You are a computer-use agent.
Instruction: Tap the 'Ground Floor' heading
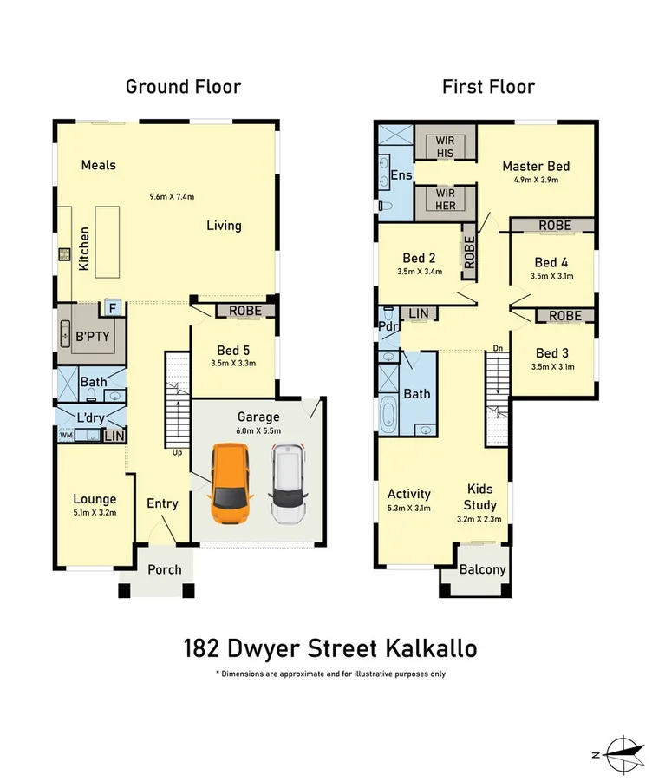(183, 86)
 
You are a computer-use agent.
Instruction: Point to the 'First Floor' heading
(488, 86)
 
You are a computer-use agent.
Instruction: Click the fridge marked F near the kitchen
(113, 306)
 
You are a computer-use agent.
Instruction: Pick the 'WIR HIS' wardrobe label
(445, 146)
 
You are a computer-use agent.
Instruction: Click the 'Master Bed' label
(535, 166)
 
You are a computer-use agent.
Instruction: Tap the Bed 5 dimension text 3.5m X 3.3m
(234, 364)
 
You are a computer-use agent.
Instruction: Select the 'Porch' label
(165, 569)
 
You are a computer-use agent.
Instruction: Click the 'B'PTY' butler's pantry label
(93, 336)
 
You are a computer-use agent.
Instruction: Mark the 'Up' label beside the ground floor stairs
(177, 453)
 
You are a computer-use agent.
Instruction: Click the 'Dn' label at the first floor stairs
(497, 349)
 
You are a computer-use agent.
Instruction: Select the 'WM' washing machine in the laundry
(66, 436)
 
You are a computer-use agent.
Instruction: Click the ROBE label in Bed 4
(554, 225)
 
